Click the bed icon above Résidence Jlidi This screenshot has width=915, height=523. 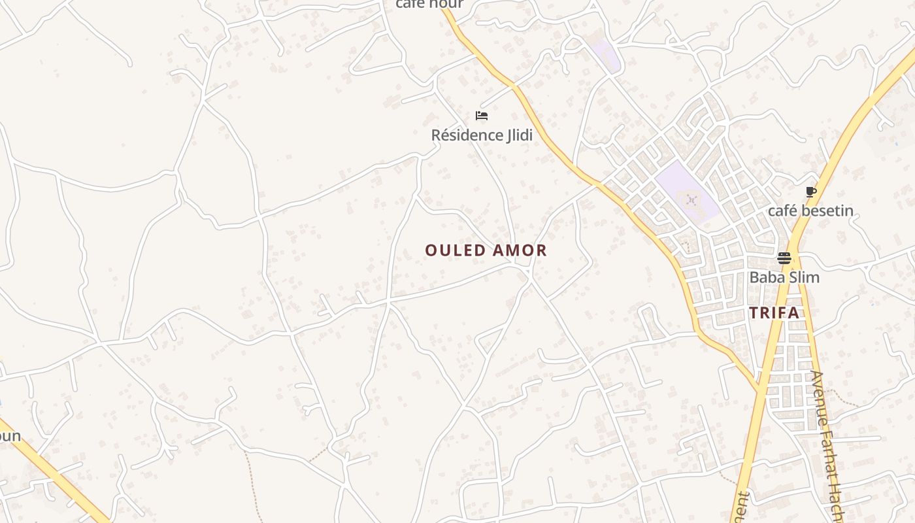click(x=482, y=116)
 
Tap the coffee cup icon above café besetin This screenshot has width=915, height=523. click(x=810, y=192)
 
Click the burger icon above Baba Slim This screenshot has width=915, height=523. click(x=784, y=258)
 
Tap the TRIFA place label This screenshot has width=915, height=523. click(x=774, y=312)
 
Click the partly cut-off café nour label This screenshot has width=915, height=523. click(x=429, y=4)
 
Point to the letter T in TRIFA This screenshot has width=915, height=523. click(x=754, y=312)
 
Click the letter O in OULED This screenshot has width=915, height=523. click(x=430, y=250)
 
